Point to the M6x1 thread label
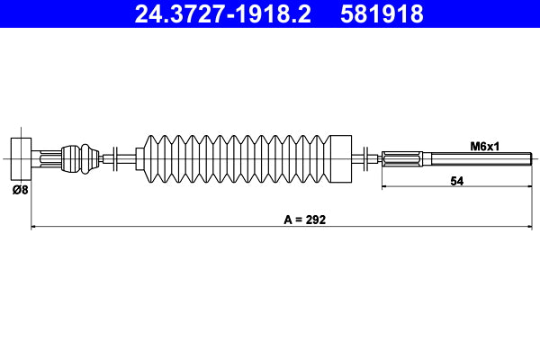tap(486, 145)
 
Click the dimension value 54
tap(456, 181)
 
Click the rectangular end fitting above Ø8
tap(19, 160)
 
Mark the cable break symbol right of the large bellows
tap(364, 160)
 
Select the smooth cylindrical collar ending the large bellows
tap(339, 160)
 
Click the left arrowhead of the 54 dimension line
tap(386, 187)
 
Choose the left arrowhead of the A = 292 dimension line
tap(34, 227)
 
